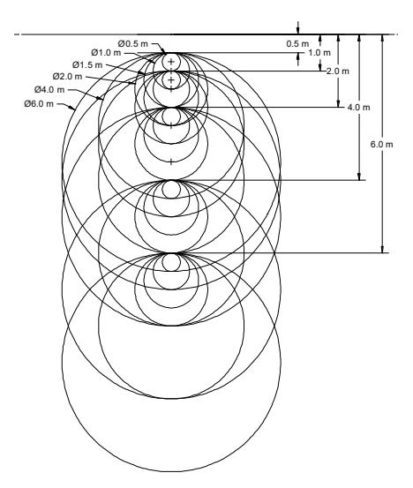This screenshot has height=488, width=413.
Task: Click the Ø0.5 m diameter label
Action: [x=133, y=43]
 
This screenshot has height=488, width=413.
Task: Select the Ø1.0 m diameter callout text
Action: [x=106, y=53]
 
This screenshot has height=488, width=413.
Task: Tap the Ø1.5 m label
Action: [x=87, y=65]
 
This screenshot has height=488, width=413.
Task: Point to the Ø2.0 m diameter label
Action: [x=68, y=76]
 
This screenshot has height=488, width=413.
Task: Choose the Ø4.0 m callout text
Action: [x=49, y=90]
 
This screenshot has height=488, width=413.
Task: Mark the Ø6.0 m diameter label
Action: [x=39, y=103]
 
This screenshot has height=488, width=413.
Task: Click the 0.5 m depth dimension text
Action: [x=298, y=44]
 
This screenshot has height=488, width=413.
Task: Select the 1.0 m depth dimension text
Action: [x=319, y=53]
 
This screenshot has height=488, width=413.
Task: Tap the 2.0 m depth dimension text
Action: [x=338, y=71]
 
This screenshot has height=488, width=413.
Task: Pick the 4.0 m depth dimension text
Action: [x=359, y=108]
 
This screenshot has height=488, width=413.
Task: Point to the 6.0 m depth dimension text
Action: [x=382, y=145]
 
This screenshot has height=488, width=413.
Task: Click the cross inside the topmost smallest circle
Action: [x=171, y=62]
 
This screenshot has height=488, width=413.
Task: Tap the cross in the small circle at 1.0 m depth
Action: [x=171, y=80]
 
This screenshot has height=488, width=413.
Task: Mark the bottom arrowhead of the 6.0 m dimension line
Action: [x=383, y=249]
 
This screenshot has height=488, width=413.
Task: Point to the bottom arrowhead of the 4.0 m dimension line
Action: [x=359, y=176]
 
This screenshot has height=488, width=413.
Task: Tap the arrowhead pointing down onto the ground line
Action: [x=298, y=31]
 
